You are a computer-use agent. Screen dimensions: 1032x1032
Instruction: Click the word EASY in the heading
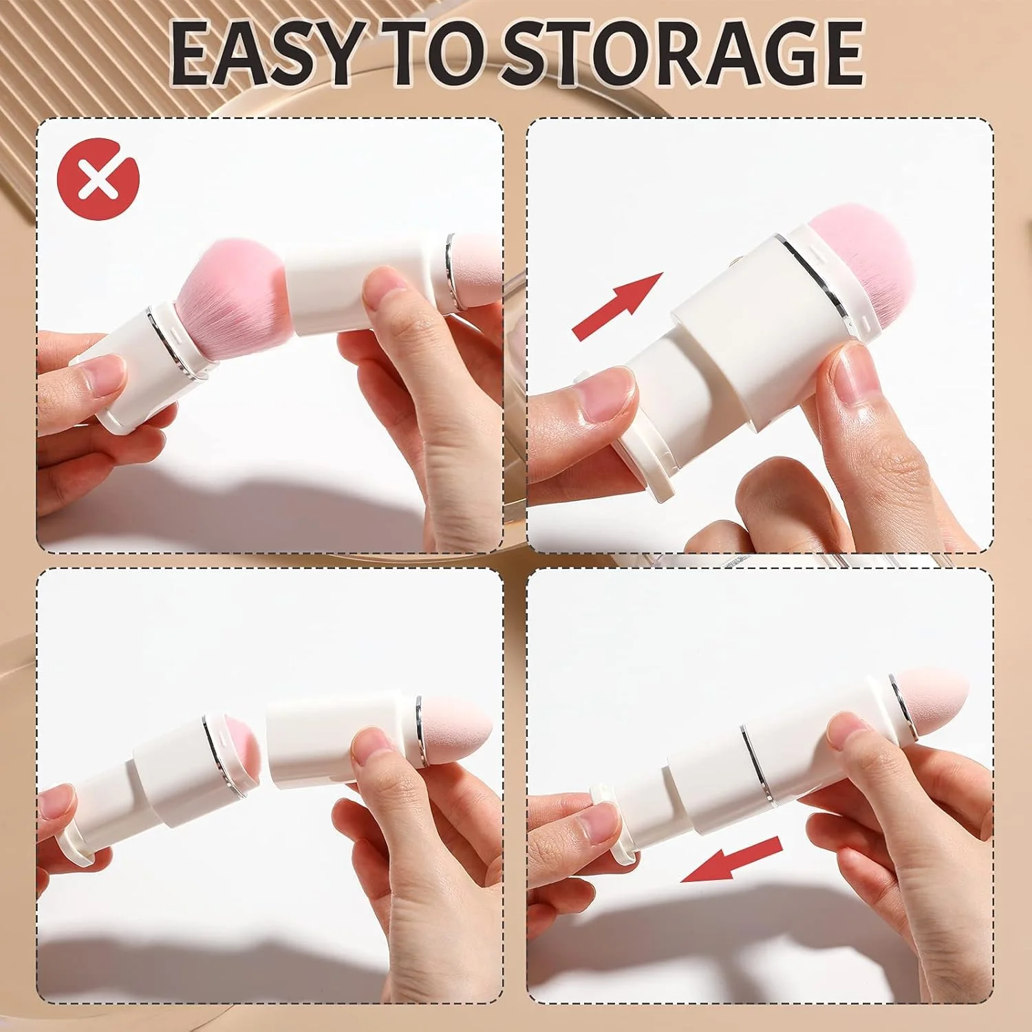pos(264,54)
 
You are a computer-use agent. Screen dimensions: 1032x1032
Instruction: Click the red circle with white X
pos(98,178)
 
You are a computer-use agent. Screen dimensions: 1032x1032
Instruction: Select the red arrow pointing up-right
pos(617,305)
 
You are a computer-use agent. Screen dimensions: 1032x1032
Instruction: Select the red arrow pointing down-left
pos(731,859)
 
